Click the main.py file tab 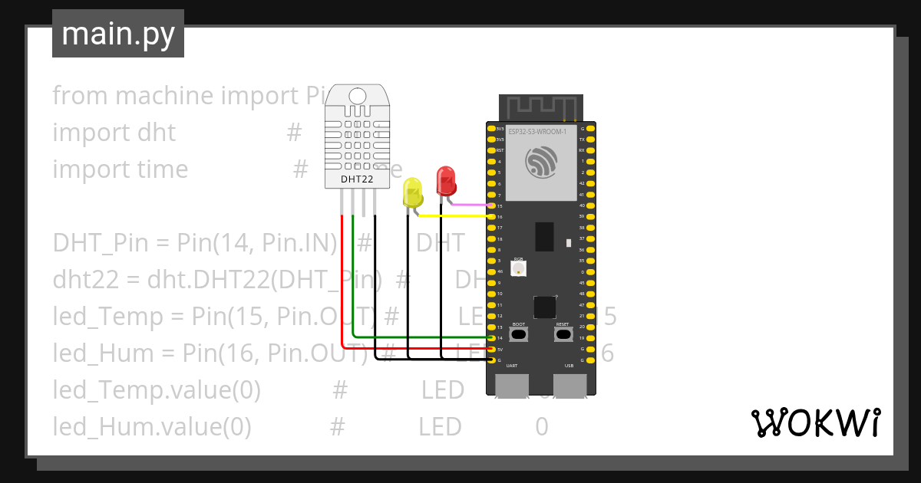[118, 34]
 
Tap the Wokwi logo [815, 422]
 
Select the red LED [446, 181]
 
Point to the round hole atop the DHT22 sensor [358, 96]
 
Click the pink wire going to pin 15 [468, 205]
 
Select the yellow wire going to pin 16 [453, 216]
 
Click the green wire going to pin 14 [422, 337]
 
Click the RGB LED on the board [518, 269]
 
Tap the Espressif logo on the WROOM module [541, 163]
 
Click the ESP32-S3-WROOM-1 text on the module [537, 132]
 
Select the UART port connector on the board [511, 385]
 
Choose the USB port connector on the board [569, 385]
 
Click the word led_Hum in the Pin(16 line [92, 353]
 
